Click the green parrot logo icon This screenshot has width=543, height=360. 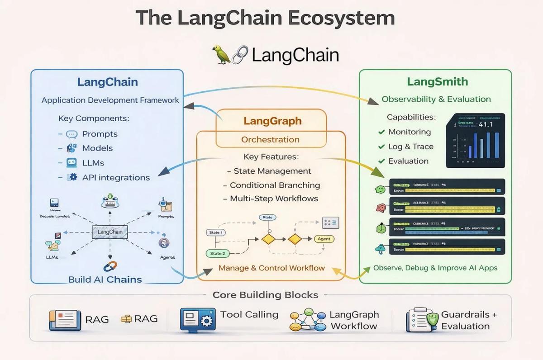(x=222, y=54)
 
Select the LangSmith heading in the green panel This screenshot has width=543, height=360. (x=437, y=82)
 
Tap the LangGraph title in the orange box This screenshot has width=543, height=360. (x=272, y=121)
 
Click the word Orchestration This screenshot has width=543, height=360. (x=270, y=140)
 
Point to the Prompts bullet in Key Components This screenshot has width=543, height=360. (x=100, y=134)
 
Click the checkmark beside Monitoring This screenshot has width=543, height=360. (x=381, y=132)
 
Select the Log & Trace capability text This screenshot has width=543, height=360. (x=410, y=147)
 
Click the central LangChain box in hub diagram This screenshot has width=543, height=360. (x=110, y=232)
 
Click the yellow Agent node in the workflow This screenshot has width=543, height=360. (x=324, y=239)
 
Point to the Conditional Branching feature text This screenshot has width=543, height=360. (x=275, y=185)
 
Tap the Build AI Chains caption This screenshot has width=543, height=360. (x=105, y=279)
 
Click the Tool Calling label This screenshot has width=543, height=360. (x=249, y=314)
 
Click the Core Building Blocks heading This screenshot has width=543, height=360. (x=265, y=295)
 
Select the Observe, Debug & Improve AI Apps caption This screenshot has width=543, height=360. (x=435, y=268)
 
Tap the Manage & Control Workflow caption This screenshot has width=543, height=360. (x=271, y=268)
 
